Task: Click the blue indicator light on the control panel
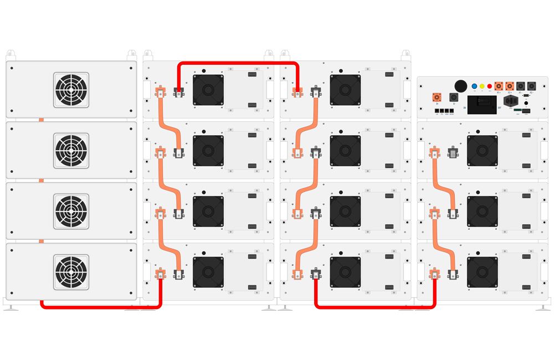click(474, 86)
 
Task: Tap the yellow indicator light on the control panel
click(482, 86)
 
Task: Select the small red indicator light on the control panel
click(490, 86)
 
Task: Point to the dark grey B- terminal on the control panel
click(453, 97)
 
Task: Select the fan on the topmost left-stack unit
click(71, 89)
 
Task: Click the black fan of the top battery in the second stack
click(208, 90)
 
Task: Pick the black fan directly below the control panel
click(482, 151)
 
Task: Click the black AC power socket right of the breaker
click(510, 102)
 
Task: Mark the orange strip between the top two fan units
click(40, 120)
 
